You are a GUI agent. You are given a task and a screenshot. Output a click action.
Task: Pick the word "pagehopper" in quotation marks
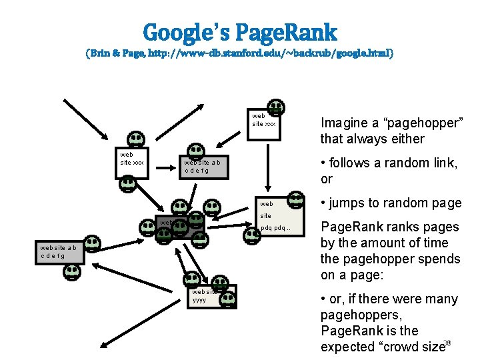click(x=420, y=123)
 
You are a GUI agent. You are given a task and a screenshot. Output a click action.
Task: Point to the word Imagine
click(x=344, y=123)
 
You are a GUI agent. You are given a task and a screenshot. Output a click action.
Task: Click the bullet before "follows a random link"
click(x=323, y=163)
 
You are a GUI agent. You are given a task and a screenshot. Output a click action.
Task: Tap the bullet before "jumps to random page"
click(x=323, y=203)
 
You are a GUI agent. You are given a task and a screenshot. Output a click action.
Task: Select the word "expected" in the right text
click(x=347, y=347)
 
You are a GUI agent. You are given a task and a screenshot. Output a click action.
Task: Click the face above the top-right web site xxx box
click(x=275, y=107)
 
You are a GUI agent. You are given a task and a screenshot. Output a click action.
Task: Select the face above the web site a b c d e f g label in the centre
click(x=196, y=151)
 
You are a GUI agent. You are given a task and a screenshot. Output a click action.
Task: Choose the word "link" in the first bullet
click(x=444, y=163)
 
